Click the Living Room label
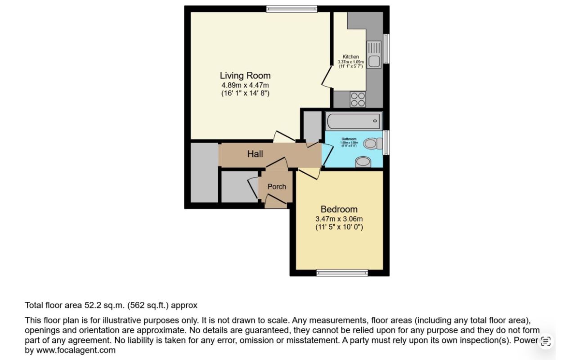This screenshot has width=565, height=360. coord(245,75)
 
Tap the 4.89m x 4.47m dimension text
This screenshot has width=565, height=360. coord(245,85)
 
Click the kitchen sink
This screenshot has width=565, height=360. coord(374,54)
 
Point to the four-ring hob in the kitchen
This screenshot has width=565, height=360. coord(358,99)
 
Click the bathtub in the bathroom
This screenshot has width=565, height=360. coord(354,121)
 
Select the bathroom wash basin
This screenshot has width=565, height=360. coord(363,162)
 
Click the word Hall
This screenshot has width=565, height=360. coord(255,154)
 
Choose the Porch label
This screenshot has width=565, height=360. coord(277,186)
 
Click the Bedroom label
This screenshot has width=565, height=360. coord(339,209)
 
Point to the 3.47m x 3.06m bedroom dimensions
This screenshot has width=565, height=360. coord(339,219)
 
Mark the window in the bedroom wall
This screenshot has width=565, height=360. coord(342,272)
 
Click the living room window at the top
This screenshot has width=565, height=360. coord(291,9)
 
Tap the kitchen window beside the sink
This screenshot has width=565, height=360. coord(386,49)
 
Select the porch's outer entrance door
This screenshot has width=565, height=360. coord(276,202)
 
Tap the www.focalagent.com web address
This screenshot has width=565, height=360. coord(75,350)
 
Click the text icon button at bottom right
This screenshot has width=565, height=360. coord(546,341)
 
